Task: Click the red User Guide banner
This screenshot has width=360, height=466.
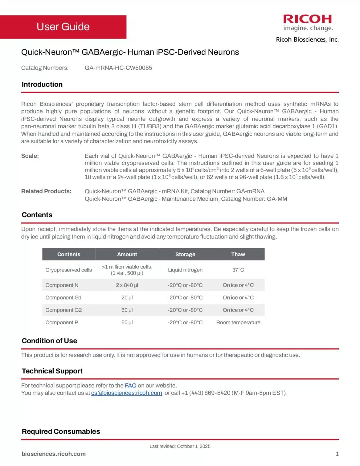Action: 63,27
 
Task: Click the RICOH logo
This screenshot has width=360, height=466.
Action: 308,19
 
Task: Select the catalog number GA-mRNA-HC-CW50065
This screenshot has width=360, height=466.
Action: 118,68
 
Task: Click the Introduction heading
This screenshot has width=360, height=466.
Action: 42,84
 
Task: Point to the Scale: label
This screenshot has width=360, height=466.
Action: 30,156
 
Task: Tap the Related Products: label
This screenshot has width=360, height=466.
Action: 46,191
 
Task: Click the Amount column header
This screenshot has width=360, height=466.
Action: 127,254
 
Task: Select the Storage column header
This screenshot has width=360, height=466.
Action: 185,254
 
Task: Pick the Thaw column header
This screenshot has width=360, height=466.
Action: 238,254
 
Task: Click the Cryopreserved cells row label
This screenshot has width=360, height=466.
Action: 69,270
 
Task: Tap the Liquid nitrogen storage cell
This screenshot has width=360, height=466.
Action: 185,270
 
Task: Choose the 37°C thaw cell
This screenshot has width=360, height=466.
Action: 238,270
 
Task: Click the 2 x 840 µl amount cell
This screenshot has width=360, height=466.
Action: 127,285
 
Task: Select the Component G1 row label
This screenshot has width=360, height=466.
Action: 63,298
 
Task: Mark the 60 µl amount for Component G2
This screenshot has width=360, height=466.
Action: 127,310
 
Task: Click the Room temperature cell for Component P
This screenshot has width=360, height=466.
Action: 238,322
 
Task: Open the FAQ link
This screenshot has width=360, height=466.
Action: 130,386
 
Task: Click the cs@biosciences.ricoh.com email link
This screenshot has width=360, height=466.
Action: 126,393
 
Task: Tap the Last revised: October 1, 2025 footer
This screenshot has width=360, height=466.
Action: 180,446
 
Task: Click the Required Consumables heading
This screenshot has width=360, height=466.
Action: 61,431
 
